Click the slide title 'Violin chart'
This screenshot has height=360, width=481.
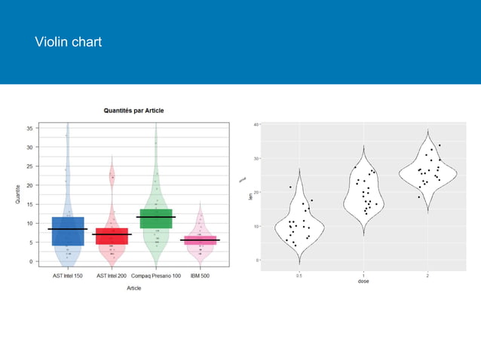[x=68, y=42]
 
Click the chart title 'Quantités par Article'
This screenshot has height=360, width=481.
[x=133, y=111]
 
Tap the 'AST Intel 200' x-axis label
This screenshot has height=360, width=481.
[x=112, y=276]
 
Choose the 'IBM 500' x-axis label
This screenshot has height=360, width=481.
[x=200, y=276]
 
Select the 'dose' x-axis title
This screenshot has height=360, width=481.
[x=363, y=282]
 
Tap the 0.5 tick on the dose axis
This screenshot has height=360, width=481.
[x=299, y=275]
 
